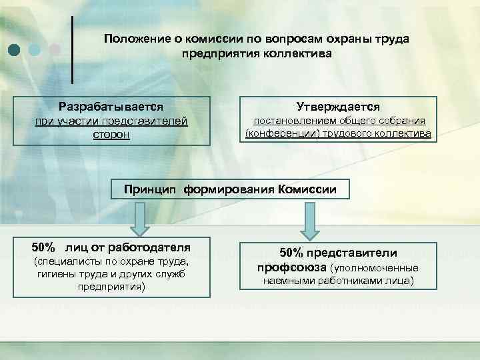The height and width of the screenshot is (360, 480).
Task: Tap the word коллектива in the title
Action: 297,53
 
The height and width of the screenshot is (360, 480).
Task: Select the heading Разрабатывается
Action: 111,107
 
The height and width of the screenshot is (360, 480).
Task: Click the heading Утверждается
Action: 338,107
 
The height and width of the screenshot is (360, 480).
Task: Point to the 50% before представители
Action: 292,253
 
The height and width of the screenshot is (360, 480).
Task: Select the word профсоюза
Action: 291,267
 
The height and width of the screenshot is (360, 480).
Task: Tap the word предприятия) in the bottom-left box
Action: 111,287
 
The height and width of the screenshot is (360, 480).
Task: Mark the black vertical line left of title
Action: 72,49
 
